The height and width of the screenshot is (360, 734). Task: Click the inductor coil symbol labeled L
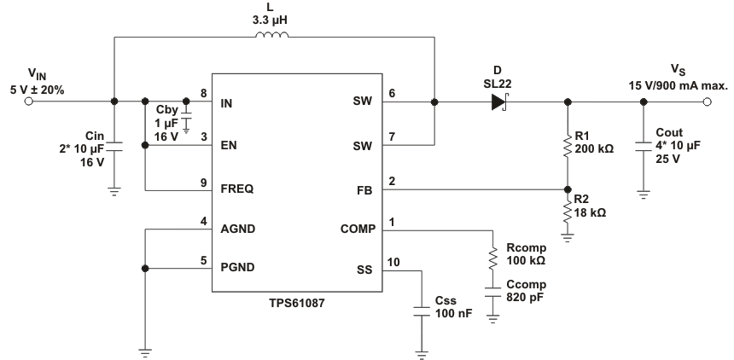coord(272,36)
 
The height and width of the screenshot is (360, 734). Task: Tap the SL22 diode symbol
coord(498,102)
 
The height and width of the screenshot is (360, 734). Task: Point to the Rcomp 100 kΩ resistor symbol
coord(493,258)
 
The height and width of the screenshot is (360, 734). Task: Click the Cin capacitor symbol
coord(114,146)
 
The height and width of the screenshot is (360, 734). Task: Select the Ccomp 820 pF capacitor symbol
coord(493,293)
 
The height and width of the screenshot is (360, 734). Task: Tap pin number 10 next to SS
coord(393,262)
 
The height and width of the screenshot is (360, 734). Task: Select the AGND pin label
coord(239,229)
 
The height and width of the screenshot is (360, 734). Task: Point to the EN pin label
coord(229,146)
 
